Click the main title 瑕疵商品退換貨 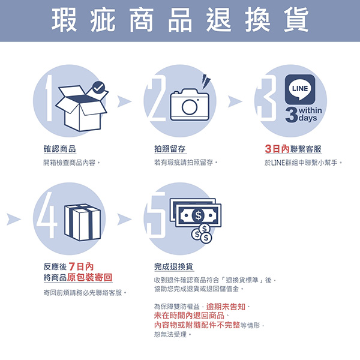coord(180,20)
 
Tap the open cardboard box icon coord(81,109)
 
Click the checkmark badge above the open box coord(98,87)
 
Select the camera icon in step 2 coord(190,104)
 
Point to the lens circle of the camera coord(190,107)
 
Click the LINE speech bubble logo coord(300,89)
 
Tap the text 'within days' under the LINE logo coord(310,114)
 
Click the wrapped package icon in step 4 coord(82,222)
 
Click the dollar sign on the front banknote coord(198,215)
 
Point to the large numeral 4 coord(47,215)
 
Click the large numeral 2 coord(156,98)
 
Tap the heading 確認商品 coord(59,149)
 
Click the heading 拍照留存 coord(170,149)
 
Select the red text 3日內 coord(277,149)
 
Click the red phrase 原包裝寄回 coord(89,277)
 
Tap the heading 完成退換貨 coord(173,267)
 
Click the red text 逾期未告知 coord(226,307)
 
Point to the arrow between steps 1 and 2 coord(124,101)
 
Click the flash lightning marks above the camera coord(206,81)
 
